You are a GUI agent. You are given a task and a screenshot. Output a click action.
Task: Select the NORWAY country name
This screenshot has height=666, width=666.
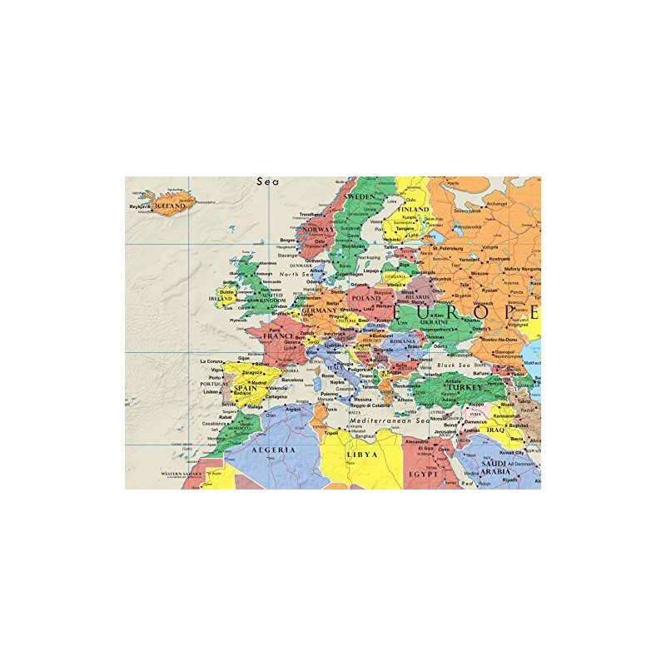click(318, 229)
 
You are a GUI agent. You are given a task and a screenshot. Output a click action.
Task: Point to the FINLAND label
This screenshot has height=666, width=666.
click(414, 209)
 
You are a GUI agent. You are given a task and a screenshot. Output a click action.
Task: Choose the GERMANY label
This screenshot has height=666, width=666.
click(320, 310)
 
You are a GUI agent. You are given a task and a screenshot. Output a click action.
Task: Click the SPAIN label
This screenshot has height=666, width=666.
click(245, 388)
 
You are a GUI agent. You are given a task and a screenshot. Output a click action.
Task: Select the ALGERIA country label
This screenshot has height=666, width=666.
click(273, 450)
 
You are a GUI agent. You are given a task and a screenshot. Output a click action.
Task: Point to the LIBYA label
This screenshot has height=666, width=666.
click(363, 455)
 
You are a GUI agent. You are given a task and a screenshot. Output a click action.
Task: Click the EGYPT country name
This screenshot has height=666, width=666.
click(423, 473)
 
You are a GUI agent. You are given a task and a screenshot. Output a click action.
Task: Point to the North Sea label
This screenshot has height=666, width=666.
click(294, 274)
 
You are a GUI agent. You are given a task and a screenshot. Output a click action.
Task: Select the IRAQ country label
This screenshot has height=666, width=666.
click(496, 430)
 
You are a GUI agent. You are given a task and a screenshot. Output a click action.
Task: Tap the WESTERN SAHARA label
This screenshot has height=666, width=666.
click(181, 473)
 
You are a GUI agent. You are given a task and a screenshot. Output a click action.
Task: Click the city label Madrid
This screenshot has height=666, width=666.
click(259, 383)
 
